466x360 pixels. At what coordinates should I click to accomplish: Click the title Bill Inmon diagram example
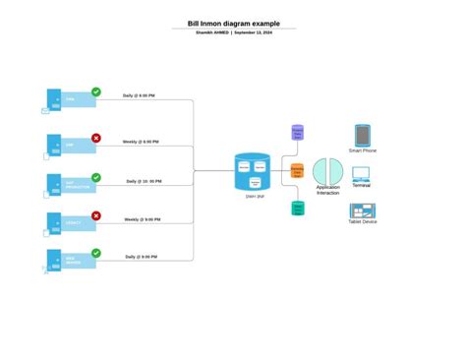coord(233,24)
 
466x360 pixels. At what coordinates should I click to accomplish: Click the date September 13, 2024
coord(254,32)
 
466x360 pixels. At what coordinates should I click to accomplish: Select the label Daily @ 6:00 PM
coord(139,95)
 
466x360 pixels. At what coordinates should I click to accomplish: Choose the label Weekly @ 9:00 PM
coord(142,219)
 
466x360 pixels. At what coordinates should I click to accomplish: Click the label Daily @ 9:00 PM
coord(141,256)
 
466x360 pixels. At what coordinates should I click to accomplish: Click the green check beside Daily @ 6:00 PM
coord(96,92)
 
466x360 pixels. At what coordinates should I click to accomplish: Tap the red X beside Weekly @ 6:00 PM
coord(96,139)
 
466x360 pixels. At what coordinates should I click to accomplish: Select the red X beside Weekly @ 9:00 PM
coord(96,215)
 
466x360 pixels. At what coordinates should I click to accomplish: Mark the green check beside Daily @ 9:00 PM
coord(96,253)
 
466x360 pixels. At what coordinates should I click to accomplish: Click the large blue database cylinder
coord(252,172)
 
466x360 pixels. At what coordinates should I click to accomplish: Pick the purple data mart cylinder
coord(297,133)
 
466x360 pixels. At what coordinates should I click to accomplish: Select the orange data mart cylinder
coord(297,170)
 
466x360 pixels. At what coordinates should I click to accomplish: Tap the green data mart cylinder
coord(297,208)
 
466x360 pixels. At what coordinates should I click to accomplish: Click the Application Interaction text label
coord(327,190)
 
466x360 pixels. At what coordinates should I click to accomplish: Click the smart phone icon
coord(362,135)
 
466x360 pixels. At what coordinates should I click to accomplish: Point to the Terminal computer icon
coord(362,175)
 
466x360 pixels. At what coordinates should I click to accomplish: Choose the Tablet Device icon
coord(362,210)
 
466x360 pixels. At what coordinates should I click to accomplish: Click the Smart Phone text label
coord(362,150)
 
